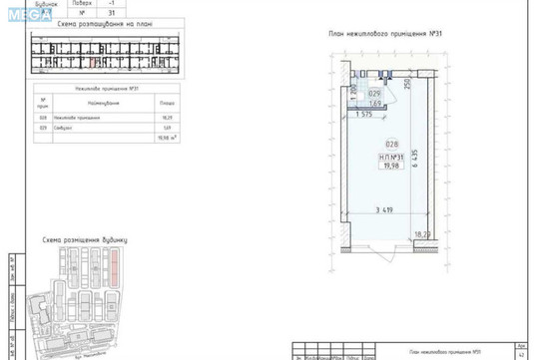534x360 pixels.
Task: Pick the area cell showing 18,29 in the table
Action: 167,118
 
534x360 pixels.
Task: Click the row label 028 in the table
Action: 43,118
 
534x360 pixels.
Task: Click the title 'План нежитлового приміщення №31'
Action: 385,34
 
